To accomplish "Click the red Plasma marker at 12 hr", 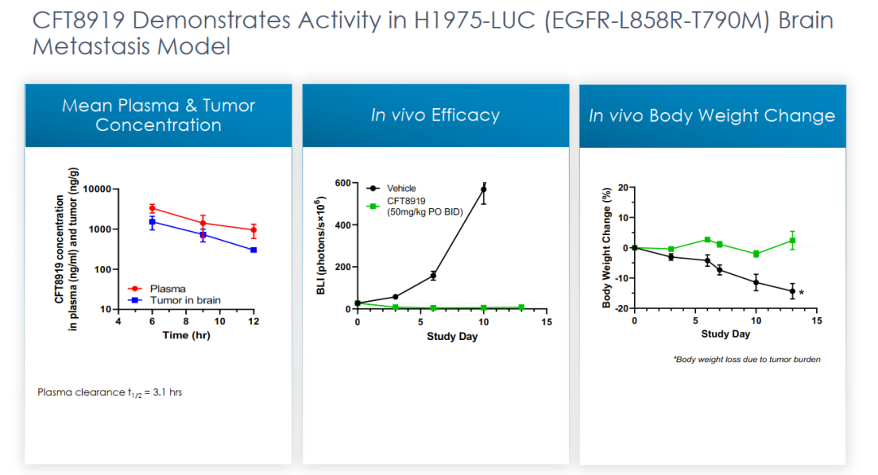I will point(254,230).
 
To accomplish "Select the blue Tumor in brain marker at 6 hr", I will point(152,221).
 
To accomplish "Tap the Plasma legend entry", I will point(167,289).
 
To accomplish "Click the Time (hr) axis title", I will point(186,335).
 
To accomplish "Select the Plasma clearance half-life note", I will point(110,392).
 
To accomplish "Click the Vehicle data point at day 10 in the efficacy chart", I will point(484,190).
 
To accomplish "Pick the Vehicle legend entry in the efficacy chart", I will point(401,189).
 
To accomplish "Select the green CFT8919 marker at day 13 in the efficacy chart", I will point(521,307).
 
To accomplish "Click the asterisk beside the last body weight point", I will point(802,293).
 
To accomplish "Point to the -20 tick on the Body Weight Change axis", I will point(621,309).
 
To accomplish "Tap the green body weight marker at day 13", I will point(793,241).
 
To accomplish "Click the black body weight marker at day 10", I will point(756,283).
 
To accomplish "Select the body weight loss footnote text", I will point(747,359).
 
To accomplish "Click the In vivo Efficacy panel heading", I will point(435,115).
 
